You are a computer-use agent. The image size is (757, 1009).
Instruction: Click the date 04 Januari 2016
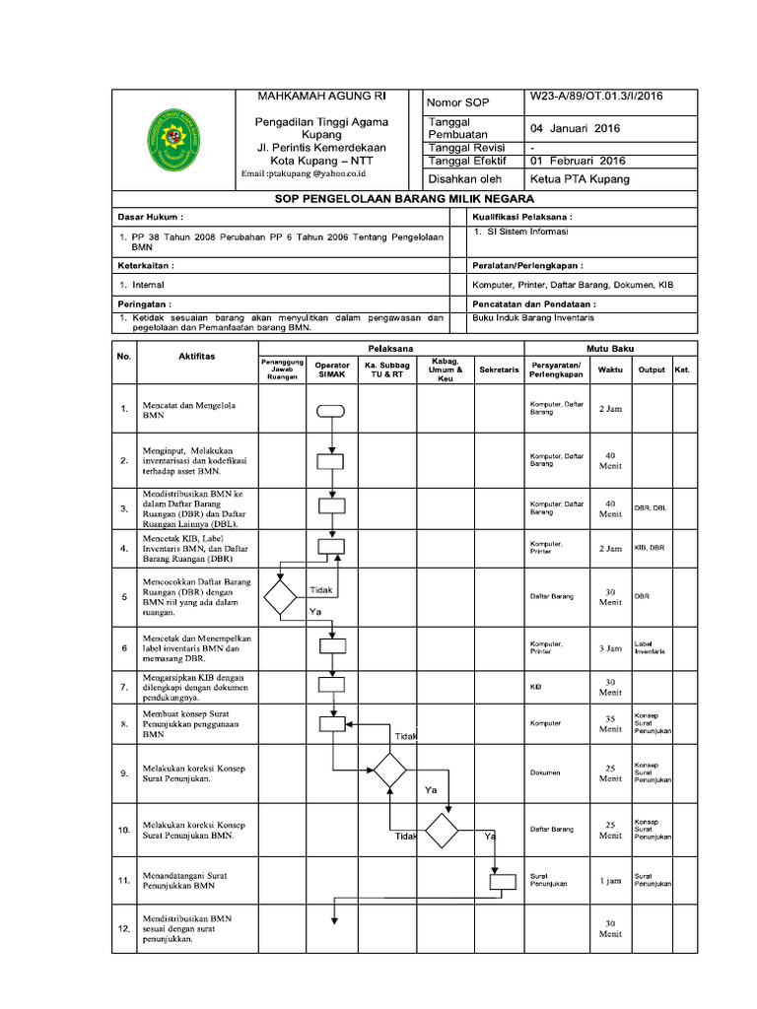(x=576, y=128)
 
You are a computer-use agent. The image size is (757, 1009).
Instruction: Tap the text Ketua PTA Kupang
(x=581, y=179)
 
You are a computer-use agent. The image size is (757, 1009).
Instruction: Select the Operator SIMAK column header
(x=331, y=370)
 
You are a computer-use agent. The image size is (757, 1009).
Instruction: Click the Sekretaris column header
(x=499, y=370)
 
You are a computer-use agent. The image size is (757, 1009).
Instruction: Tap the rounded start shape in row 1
(x=331, y=411)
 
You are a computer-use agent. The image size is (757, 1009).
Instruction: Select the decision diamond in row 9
(x=390, y=769)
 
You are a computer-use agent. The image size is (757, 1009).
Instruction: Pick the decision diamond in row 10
(x=442, y=830)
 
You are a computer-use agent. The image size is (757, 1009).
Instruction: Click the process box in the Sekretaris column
(x=503, y=881)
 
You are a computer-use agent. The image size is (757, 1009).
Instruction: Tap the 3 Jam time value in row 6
(x=609, y=649)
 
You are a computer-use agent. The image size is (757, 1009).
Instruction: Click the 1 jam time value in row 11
(x=609, y=881)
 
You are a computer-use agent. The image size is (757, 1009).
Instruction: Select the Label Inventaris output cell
(x=651, y=647)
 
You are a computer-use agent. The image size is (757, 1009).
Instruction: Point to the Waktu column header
(x=609, y=370)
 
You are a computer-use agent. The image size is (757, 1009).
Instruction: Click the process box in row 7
(x=331, y=684)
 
